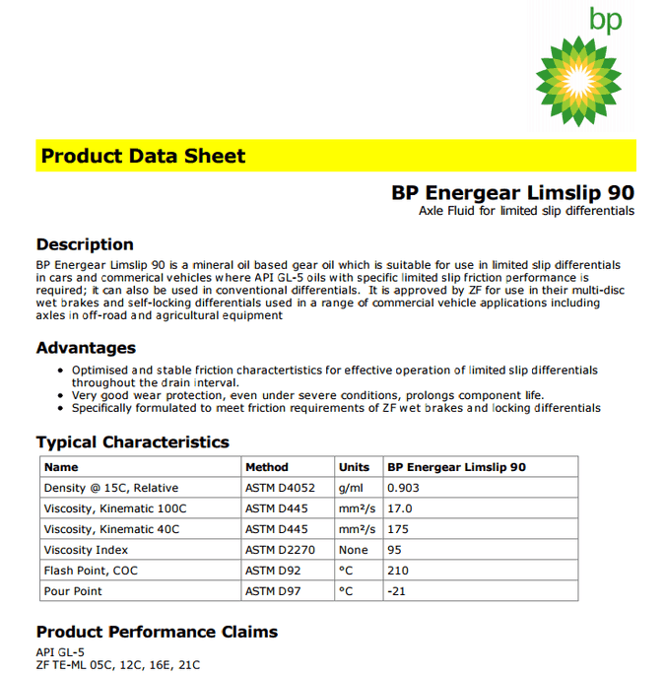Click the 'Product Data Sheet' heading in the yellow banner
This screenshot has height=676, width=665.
[143, 156]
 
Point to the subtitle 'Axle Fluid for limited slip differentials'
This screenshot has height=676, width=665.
[526, 211]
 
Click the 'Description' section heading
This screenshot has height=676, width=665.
[85, 244]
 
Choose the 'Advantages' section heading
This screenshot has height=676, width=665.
[86, 348]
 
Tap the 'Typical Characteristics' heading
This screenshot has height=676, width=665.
[132, 442]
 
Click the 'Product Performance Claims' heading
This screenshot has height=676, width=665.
[157, 632]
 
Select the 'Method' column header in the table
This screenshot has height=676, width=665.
[267, 467]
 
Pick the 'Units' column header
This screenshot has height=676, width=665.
[354, 467]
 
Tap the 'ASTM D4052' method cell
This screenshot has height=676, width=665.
[280, 488]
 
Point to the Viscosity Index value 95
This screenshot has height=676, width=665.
[395, 550]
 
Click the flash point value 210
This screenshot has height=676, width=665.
[398, 571]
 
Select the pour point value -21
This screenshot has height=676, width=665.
[397, 591]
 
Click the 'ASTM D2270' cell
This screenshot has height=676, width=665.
[280, 550]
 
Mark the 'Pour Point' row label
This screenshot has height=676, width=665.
[73, 591]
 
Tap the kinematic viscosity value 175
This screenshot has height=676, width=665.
[398, 529]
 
